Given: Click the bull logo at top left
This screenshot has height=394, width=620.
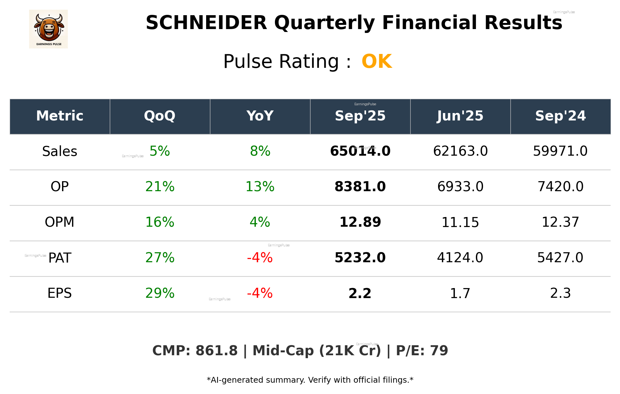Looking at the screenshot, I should pos(48,29).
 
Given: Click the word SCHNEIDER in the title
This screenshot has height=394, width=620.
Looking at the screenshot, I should pos(206,23).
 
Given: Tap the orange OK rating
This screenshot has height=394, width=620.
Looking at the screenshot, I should pos(376,61).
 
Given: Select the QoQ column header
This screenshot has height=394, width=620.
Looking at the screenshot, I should pos(160,116).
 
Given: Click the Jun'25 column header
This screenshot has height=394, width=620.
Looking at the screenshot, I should pos(460,116).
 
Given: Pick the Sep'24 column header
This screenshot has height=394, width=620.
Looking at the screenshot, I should pos(560,116).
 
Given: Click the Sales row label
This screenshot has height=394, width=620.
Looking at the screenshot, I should pos(60,151).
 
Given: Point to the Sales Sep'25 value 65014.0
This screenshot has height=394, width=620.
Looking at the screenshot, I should pos(360,151).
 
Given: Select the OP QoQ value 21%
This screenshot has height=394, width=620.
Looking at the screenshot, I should pos(160,187).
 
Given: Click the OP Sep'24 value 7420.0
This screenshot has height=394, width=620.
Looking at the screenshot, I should pos(560,187).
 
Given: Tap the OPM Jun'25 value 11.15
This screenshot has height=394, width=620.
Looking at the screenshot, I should pos(460,223).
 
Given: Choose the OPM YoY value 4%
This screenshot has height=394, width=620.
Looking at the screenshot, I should pos(260,222).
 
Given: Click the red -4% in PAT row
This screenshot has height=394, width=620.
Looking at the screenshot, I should pos(260,258).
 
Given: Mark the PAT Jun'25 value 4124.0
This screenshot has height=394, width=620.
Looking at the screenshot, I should pos(460,258).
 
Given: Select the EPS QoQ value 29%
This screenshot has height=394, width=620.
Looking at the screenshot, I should pos(160,293).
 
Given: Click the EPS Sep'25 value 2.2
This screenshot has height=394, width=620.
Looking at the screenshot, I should pos(360,293).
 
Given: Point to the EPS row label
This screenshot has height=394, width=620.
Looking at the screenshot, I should pos(60,293).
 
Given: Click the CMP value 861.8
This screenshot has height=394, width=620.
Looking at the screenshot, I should pos(216,351).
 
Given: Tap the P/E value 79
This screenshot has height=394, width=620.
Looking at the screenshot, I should pos(439,351).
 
